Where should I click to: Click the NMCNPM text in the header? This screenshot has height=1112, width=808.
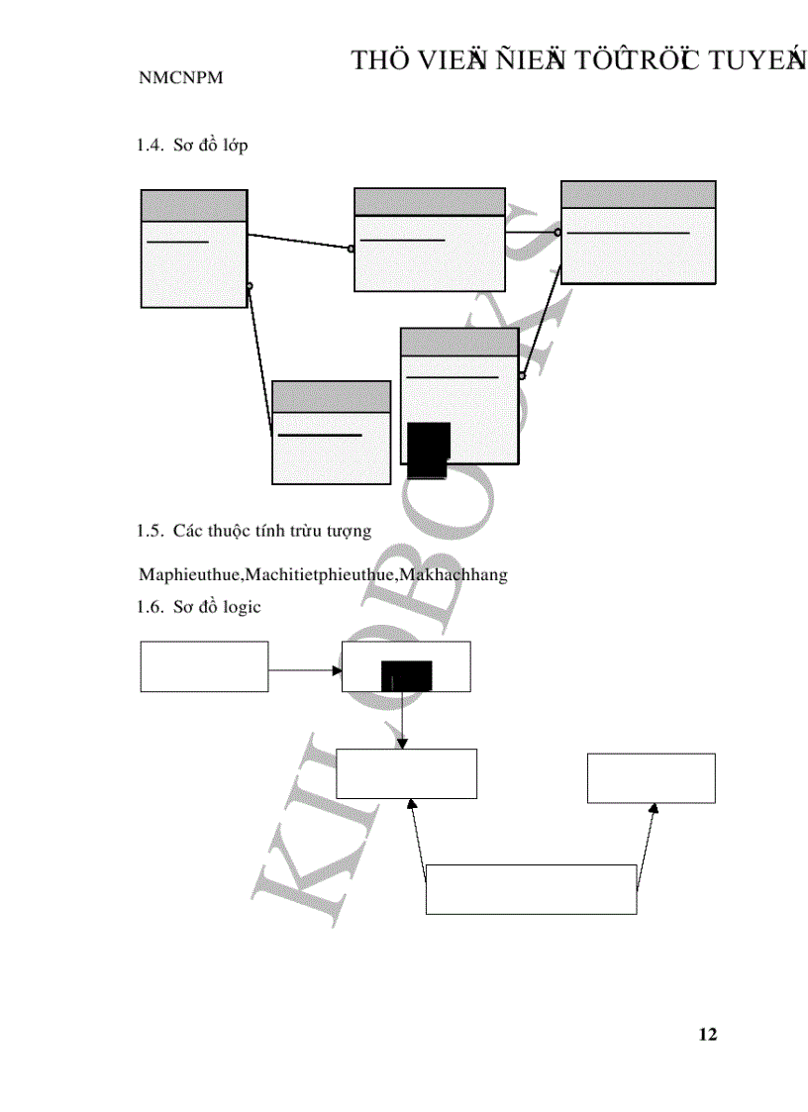[x=180, y=79]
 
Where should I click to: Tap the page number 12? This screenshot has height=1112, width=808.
[x=707, y=1035]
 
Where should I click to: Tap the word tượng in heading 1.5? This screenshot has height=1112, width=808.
[x=348, y=531]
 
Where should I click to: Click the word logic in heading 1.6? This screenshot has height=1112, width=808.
[x=241, y=607]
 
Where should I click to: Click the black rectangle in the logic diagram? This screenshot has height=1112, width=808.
[x=406, y=674]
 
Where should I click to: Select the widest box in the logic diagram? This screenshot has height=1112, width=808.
[x=531, y=889]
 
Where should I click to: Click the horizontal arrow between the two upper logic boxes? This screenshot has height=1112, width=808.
[x=304, y=670]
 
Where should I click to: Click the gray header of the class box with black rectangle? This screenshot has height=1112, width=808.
[x=459, y=343]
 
